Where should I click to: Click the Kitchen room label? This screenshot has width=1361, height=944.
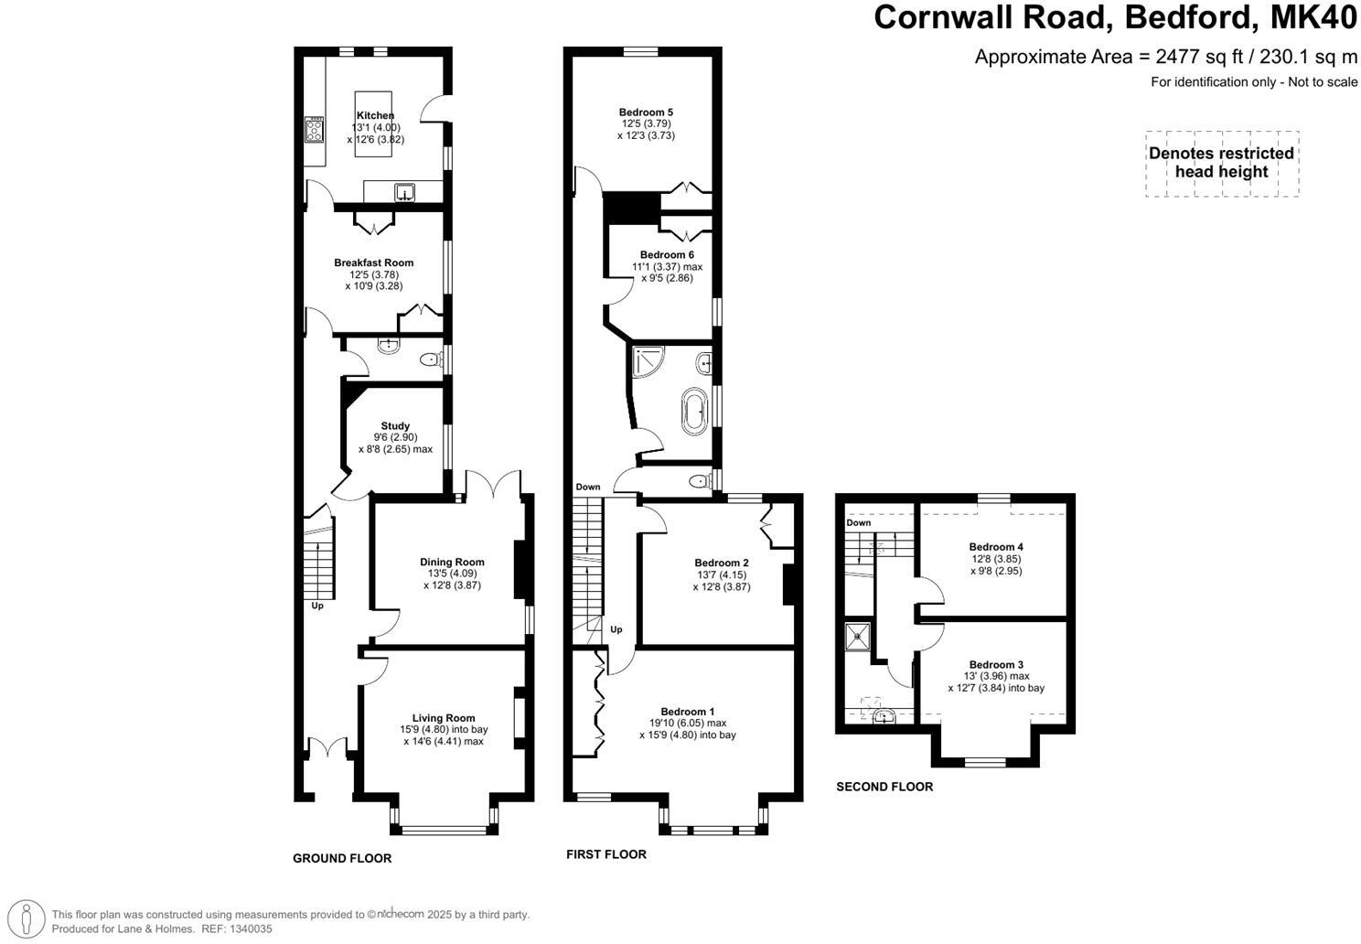[x=375, y=115]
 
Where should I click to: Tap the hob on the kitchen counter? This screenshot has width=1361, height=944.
[x=315, y=131]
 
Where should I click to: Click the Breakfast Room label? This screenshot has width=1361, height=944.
[x=373, y=263]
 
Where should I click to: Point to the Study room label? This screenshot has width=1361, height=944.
[x=395, y=426]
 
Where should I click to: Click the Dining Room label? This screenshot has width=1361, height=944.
[x=452, y=563]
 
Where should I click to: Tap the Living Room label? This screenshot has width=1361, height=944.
[x=444, y=718]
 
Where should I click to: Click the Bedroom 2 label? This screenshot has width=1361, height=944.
[x=722, y=563]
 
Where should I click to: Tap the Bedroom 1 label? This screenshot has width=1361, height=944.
[x=688, y=712]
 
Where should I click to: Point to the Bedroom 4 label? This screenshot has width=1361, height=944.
[x=996, y=547]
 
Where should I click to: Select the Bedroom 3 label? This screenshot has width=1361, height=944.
[x=996, y=665]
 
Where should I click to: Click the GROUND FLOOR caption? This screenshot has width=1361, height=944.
[x=342, y=858]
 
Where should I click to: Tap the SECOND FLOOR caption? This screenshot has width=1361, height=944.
[x=884, y=787]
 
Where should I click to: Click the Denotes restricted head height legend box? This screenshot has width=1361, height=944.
[x=1221, y=164]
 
